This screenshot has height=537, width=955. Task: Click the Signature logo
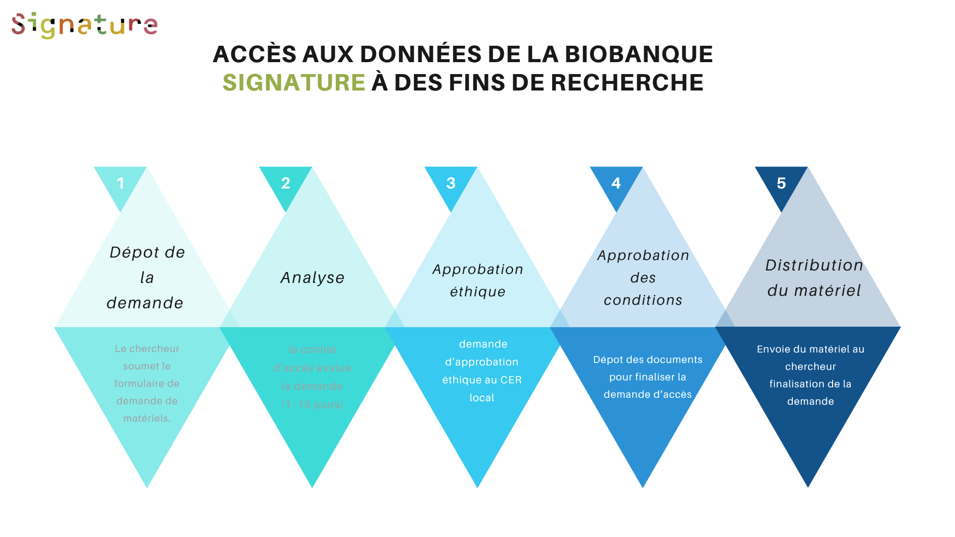(x=85, y=25)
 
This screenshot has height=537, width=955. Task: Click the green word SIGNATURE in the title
(x=293, y=83)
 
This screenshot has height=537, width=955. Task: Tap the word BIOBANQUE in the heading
(x=639, y=54)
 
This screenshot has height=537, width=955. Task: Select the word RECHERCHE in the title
(x=627, y=83)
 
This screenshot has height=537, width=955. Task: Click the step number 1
(x=120, y=183)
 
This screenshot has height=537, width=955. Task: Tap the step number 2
(x=286, y=183)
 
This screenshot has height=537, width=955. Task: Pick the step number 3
(x=451, y=183)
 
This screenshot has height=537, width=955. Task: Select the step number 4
(x=616, y=183)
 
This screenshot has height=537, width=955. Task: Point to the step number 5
(x=781, y=183)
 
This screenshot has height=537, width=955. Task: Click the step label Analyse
(x=312, y=277)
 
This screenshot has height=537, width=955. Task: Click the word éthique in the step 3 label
(x=477, y=292)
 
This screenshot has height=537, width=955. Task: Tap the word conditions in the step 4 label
(x=643, y=300)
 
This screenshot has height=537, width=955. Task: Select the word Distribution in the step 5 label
(x=814, y=266)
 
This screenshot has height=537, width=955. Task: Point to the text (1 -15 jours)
(x=312, y=405)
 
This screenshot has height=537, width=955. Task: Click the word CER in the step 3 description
(x=511, y=380)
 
